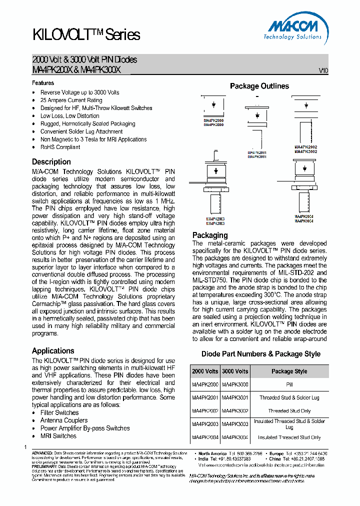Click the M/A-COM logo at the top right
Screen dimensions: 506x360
pyautogui.click(x=293, y=29)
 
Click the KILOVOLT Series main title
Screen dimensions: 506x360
pyautogui.click(x=86, y=34)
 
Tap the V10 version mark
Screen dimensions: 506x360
pyautogui.click(x=323, y=71)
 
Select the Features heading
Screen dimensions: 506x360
pyautogui.click(x=43, y=83)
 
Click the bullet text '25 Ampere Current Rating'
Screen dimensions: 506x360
pyautogui.click(x=71, y=100)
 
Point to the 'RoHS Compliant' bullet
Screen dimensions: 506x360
pyautogui.click(x=60, y=147)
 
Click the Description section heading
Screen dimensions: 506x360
pyautogui.click(x=51, y=162)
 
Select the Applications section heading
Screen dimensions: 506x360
pyautogui.click(x=53, y=350)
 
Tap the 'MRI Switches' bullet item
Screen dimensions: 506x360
pyautogui.click(x=58, y=436)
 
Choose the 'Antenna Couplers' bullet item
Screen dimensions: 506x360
pyautogui.click(x=64, y=420)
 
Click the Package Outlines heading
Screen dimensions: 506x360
pyautogui.click(x=259, y=86)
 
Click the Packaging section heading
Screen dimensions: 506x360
pyautogui.click(x=210, y=235)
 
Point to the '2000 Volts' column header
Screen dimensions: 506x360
pyautogui.click(x=205, y=371)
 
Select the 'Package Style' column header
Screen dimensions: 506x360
pyautogui.click(x=289, y=371)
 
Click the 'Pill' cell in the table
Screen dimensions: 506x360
pyautogui.click(x=289, y=384)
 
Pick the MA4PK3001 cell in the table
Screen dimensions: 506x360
pyautogui.click(x=234, y=397)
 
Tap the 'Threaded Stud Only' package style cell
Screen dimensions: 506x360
pyautogui.click(x=289, y=411)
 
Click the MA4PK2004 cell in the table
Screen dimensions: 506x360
pyautogui.click(x=205, y=437)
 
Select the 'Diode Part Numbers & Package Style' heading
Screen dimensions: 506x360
pyautogui.click(x=260, y=354)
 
